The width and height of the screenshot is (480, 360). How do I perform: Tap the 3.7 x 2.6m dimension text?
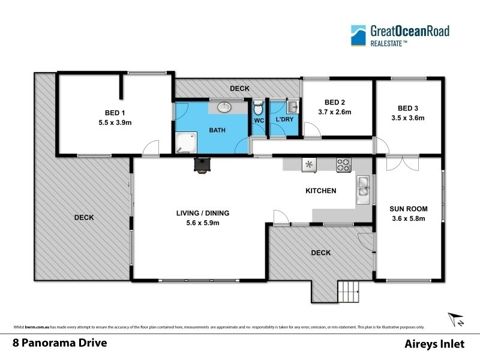pyautogui.click(x=334, y=112)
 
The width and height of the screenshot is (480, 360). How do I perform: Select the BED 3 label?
pyautogui.click(x=407, y=108)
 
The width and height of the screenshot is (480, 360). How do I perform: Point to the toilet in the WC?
pyautogui.click(x=259, y=109)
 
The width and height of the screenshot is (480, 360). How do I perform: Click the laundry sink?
pyautogui.click(x=292, y=107)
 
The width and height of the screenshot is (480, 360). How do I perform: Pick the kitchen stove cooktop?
pyautogui.click(x=343, y=164)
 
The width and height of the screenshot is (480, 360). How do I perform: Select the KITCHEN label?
pyautogui.click(x=321, y=191)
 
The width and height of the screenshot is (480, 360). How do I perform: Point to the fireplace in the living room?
pyautogui.click(x=202, y=165)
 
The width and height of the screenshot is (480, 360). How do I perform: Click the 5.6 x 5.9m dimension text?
pyautogui.click(x=203, y=223)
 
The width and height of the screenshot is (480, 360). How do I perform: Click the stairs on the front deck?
pyautogui.click(x=349, y=292)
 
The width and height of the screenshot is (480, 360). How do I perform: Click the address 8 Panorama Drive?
pyautogui.click(x=60, y=344)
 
